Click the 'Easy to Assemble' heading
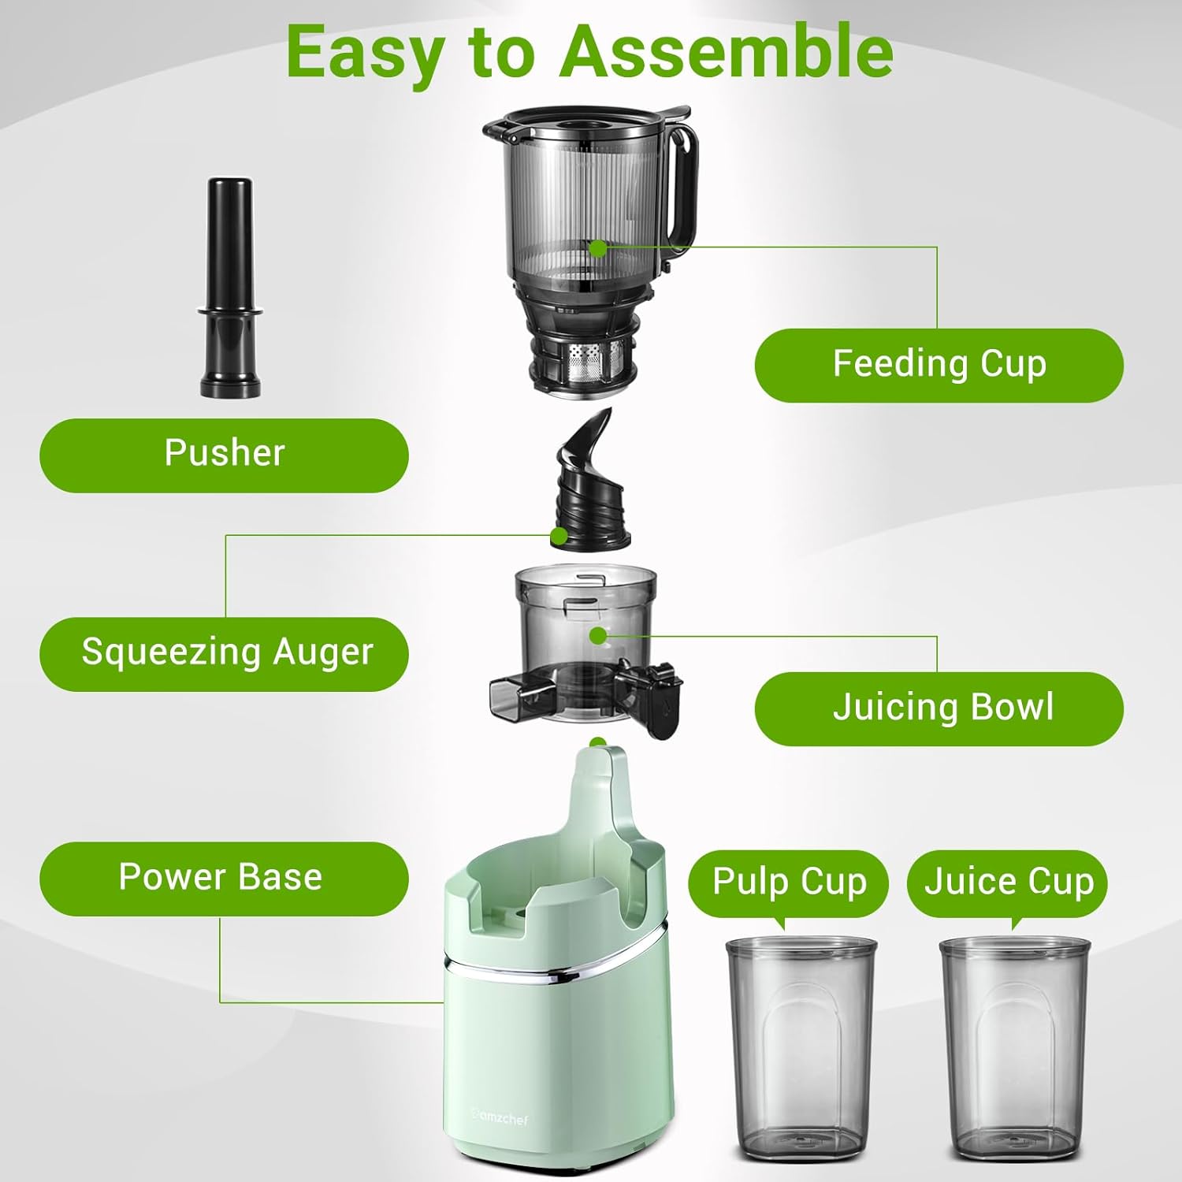point(589,51)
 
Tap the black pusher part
point(229,288)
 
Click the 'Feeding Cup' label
point(939,365)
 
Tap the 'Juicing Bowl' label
point(939,708)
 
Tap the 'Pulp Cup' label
point(788,882)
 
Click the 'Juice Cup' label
point(1008,882)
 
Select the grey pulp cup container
point(800,1056)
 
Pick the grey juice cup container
point(1014,1056)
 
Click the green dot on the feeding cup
point(598,249)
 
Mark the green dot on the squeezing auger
point(559,537)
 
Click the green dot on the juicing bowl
point(598,635)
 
